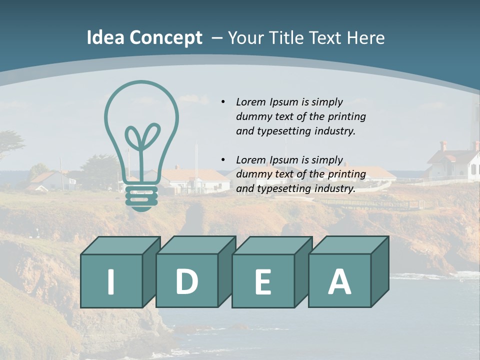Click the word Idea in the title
click(105, 38)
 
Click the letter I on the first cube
click(111, 281)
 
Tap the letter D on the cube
click(186, 281)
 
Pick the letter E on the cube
click(263, 282)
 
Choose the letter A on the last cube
click(339, 281)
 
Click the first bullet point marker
click(223, 102)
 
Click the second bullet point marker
click(223, 160)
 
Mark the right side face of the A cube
click(379, 272)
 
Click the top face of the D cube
click(195, 244)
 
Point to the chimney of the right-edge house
click(443, 145)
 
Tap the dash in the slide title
click(217, 38)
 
